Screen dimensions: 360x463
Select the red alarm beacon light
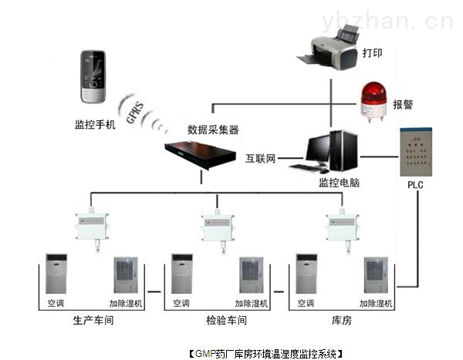pos(373,101)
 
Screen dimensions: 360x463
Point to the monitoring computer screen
pos(320,150)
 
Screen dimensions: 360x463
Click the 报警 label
pos(403,104)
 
